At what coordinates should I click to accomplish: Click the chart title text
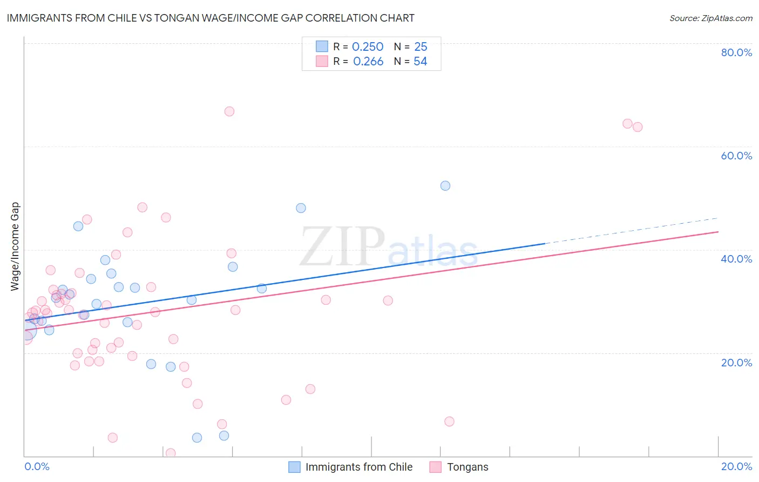(x=211, y=18)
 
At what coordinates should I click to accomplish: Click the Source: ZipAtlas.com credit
(x=710, y=18)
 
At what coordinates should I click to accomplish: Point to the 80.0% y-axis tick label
(x=736, y=52)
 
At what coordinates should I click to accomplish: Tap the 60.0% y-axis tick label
(x=736, y=156)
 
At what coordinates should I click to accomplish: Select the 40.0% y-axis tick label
(x=736, y=259)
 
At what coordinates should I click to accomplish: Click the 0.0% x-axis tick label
(x=37, y=466)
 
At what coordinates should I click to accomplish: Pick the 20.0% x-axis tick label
(x=736, y=466)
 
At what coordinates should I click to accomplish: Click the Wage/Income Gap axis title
(x=15, y=246)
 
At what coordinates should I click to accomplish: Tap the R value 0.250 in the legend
(x=368, y=47)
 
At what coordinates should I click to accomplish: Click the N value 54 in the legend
(x=420, y=62)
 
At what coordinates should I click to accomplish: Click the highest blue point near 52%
(x=445, y=186)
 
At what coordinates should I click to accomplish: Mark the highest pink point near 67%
(x=229, y=111)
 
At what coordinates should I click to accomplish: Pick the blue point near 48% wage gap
(x=301, y=208)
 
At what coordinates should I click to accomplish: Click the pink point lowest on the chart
(x=171, y=453)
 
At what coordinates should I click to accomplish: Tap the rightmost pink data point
(x=638, y=127)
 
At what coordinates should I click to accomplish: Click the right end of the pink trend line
(x=718, y=232)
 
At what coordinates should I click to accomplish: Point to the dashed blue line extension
(x=632, y=231)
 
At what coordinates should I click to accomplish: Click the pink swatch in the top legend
(x=322, y=62)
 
